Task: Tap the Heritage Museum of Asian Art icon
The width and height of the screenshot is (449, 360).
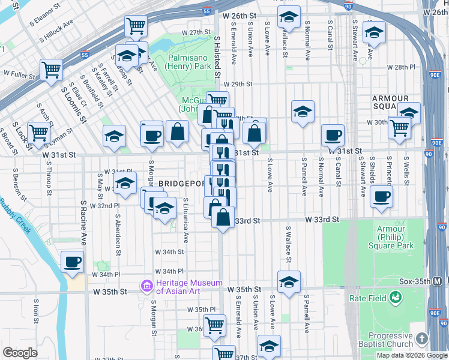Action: click(146, 287)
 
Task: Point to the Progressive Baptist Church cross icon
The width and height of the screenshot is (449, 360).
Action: click(423, 340)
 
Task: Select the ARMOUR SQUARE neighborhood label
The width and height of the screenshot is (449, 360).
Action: click(390, 103)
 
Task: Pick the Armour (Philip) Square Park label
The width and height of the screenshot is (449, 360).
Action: click(395, 238)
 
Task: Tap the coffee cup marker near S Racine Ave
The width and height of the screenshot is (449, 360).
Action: click(72, 262)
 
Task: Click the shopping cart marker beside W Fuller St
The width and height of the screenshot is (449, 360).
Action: click(52, 69)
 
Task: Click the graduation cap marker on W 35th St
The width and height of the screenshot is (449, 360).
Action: click(289, 281)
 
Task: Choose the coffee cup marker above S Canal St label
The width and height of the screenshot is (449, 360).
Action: click(333, 135)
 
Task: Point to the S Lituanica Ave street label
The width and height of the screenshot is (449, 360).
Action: click(185, 221)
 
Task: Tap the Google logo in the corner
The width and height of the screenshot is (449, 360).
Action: click(20, 353)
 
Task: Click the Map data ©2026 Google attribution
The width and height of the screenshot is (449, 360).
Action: click(411, 355)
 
